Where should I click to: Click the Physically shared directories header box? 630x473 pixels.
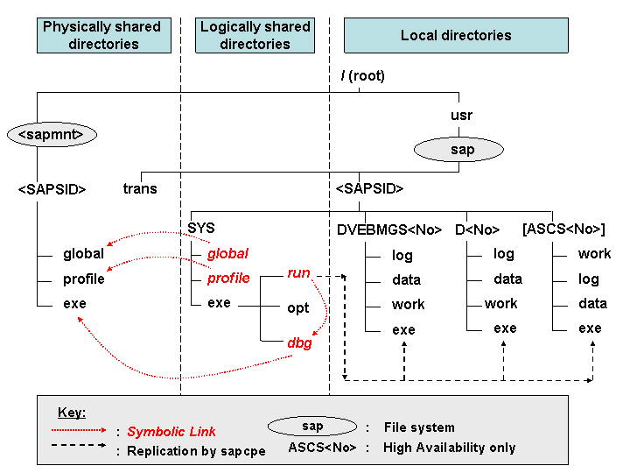tap(104, 35)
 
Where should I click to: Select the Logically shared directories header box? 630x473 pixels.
tap(255, 35)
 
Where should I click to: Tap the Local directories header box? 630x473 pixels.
tap(456, 35)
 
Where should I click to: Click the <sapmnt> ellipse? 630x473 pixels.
tap(52, 134)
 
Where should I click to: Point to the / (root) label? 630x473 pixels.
tap(363, 75)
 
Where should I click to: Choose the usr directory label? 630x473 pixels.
tap(461, 116)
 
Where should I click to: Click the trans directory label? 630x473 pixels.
tap(140, 188)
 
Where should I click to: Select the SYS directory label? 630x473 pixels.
tap(201, 228)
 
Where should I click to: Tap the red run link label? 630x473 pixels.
tap(298, 273)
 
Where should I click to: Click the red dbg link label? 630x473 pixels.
tap(300, 343)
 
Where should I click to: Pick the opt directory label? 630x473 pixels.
tap(298, 308)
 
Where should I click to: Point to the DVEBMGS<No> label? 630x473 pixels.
tap(389, 229)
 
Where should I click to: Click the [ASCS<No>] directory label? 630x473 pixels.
tap(563, 229)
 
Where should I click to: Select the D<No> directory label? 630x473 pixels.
tap(478, 229)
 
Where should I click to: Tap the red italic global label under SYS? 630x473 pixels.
tap(227, 254)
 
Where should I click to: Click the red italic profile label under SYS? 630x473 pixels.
tap(228, 278)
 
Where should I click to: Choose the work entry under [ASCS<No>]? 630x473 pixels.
tap(594, 254)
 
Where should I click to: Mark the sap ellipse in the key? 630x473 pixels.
tap(312, 427)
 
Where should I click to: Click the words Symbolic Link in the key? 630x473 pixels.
tap(171, 432)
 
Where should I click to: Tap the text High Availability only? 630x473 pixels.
tap(449, 448)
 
